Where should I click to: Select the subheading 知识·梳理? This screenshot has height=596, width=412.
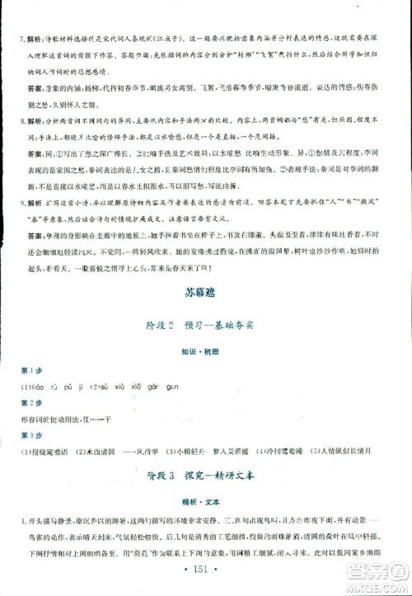point(204,350)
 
